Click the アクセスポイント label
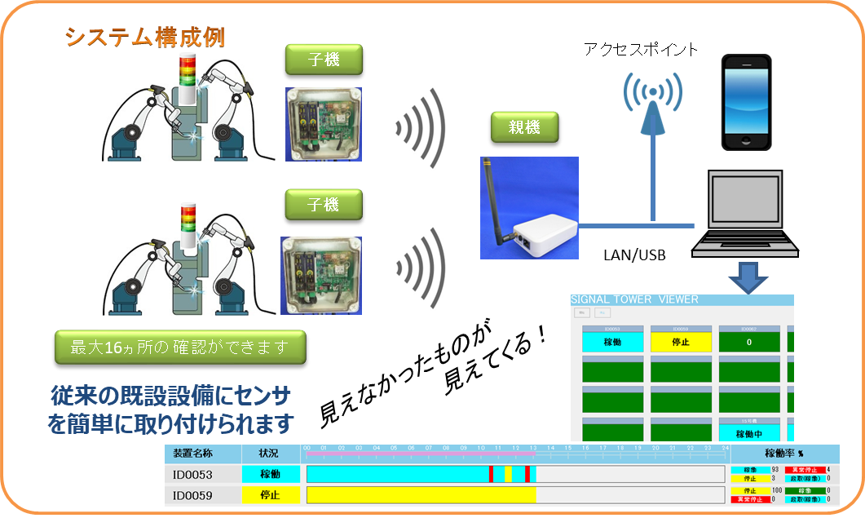point(640,50)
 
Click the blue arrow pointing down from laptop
point(747,277)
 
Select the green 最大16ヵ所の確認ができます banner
point(180,348)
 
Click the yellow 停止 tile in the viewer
point(681,343)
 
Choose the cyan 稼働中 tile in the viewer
point(749,433)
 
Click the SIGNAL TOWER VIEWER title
point(636,300)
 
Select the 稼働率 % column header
point(783,454)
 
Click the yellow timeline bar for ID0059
point(421,494)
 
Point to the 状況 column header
point(270,454)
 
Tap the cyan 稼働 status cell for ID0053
point(270,474)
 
